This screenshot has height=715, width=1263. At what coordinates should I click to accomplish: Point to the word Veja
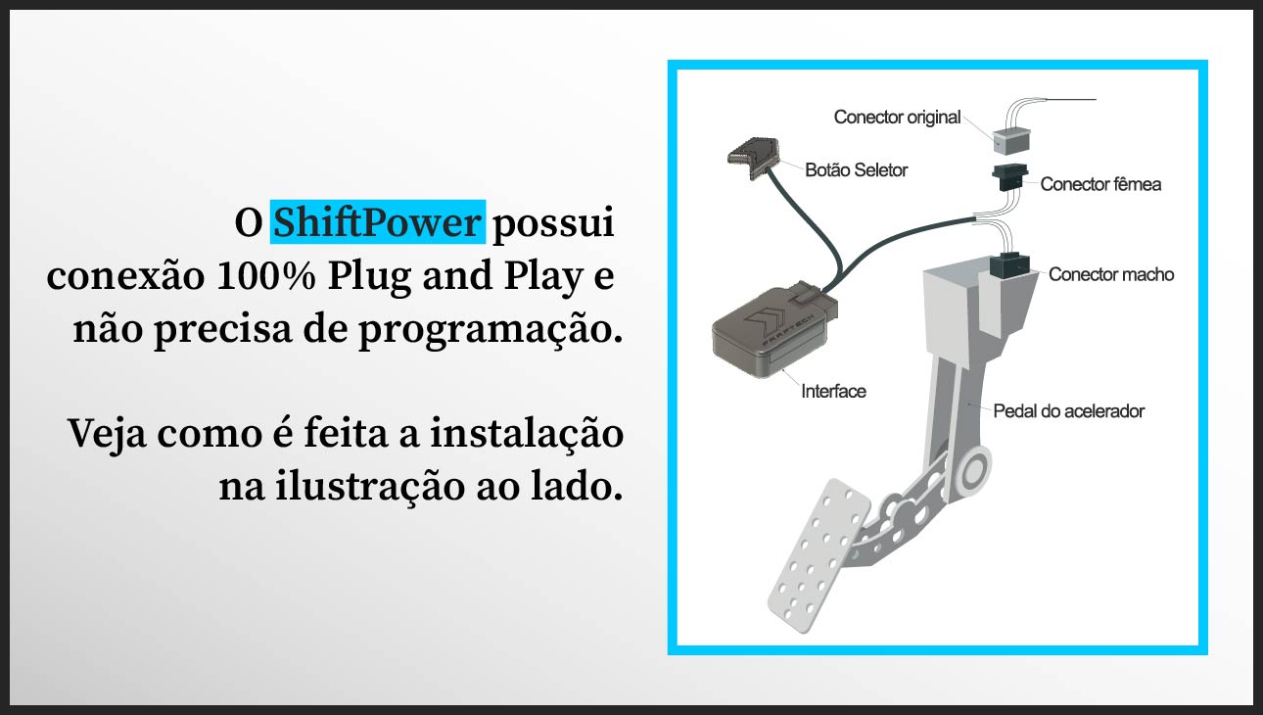[x=108, y=434]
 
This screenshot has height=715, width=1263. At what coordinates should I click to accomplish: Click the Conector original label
[x=897, y=118]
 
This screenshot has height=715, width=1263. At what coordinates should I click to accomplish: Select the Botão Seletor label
[x=856, y=170]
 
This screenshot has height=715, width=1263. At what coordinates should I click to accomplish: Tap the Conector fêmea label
[x=1100, y=184]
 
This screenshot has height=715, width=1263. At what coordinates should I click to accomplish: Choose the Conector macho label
[x=1110, y=274]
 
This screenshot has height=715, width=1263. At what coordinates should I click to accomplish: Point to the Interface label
[x=833, y=392]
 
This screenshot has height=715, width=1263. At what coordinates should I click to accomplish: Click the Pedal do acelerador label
[x=1068, y=411]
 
